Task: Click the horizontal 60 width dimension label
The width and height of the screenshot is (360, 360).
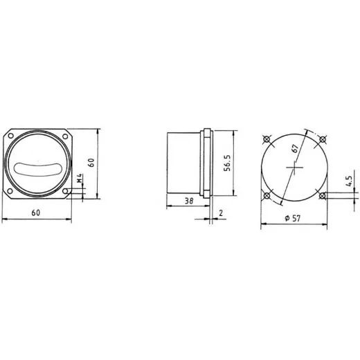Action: click(36, 213)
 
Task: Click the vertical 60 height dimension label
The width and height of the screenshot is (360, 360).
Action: click(91, 163)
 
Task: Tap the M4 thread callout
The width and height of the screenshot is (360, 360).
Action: click(80, 179)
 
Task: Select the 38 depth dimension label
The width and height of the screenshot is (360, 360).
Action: click(189, 201)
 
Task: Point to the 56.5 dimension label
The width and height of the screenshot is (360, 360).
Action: click(227, 163)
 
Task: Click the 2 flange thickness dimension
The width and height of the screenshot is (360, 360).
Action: click(221, 213)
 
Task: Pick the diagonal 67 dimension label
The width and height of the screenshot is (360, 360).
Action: click(295, 148)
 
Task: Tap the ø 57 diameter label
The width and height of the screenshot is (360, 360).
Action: click(293, 218)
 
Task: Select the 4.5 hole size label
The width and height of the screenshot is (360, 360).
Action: click(349, 181)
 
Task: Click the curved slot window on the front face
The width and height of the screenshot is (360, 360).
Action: click(38, 169)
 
